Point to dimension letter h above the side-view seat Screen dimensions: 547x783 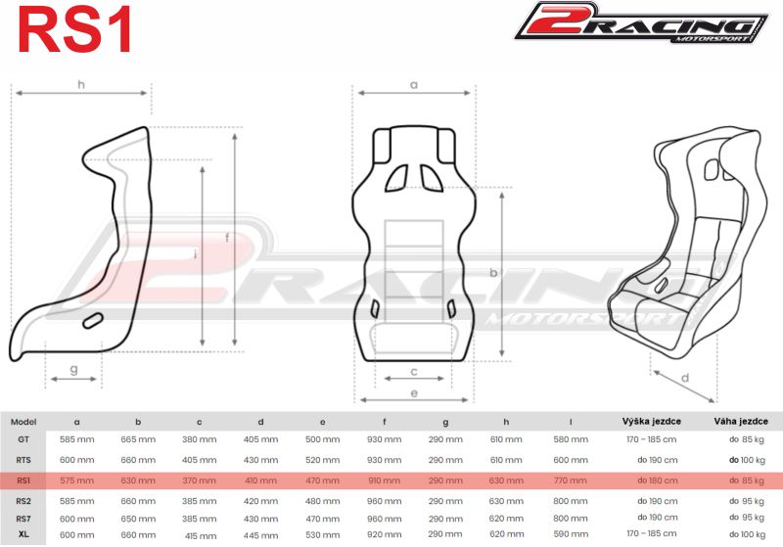pos(80,84)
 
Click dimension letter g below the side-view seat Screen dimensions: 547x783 pos(74,370)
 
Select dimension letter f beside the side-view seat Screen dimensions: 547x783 pos(227,238)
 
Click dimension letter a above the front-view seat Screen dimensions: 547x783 pos(413,85)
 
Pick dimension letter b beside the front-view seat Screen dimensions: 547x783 pos(494,273)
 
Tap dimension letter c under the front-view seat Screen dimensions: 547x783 pos(414,371)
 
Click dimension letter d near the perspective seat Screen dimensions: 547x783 pos(685,378)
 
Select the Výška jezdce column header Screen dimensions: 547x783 pos(651,422)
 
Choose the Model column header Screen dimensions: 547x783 pos(23,422)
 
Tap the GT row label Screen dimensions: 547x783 pos(23,439)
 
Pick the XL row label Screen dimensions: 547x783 pos(23,534)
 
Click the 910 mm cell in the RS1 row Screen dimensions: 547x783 pos(385,480)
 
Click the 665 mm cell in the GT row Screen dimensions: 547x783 pos(138,439)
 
